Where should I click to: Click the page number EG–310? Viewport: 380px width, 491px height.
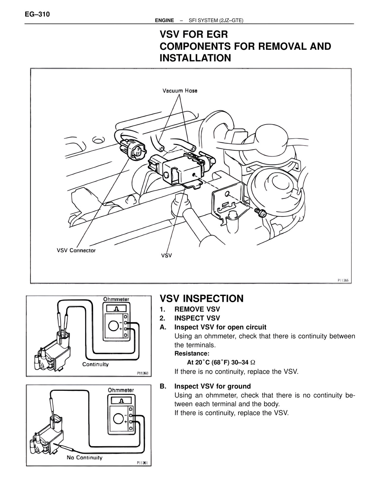tap(37, 14)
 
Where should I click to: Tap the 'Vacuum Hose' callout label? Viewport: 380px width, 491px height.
tap(180, 91)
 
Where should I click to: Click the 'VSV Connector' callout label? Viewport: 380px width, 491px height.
tap(76, 251)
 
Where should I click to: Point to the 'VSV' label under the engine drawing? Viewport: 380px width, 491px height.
tap(167, 255)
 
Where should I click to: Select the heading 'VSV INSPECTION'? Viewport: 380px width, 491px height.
tap(202, 299)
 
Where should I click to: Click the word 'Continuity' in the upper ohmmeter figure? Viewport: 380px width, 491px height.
tap(95, 364)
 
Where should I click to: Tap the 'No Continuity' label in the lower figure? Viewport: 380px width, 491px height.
tap(85, 457)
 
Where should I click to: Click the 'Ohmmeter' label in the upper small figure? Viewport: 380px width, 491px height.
tap(116, 299)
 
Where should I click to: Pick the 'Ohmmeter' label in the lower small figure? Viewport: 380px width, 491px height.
tap(121, 390)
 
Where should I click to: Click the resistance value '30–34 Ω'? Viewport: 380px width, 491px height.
tap(241, 362)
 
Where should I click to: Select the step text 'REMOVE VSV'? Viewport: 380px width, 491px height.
tap(197, 309)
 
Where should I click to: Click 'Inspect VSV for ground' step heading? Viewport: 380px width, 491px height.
tap(213, 386)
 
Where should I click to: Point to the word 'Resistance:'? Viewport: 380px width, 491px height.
tap(192, 353)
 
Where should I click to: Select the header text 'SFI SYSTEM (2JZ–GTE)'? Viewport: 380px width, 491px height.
tap(216, 20)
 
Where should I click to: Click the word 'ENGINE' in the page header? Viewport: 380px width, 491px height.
tap(164, 20)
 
